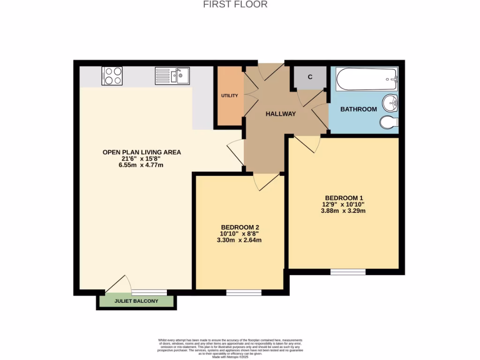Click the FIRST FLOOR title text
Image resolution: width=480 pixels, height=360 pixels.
235,5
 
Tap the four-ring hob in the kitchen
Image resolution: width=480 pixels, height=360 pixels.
112,76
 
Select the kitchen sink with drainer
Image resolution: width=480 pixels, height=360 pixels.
172,75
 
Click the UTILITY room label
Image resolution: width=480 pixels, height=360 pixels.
230,96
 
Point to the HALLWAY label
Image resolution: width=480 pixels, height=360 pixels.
281,114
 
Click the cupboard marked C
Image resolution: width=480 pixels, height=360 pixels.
310,77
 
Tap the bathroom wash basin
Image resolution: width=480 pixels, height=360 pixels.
390,103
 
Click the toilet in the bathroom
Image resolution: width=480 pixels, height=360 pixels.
390,123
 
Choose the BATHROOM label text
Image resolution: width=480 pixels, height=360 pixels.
358,109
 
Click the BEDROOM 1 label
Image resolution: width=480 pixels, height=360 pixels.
344,197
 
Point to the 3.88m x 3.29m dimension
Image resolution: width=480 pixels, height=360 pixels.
344,211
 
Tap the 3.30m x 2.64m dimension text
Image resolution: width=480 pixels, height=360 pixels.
240,240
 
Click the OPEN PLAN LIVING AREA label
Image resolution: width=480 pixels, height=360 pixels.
142,152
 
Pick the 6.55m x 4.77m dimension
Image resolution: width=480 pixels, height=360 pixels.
141,165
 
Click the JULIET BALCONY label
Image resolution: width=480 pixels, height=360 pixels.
136,301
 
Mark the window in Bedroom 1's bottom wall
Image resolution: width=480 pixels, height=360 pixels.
348,272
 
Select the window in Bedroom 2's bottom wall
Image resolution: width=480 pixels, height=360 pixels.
244,292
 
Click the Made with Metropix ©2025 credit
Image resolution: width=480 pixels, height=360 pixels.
230,357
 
